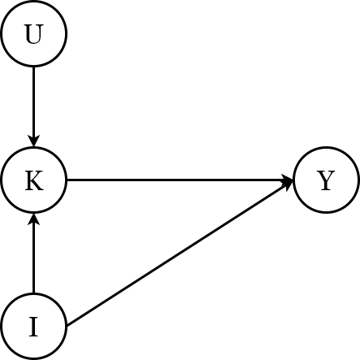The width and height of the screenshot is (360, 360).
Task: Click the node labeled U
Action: tap(33, 34)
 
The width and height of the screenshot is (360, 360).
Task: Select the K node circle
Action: tap(33, 180)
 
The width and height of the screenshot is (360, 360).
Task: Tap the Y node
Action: tap(326, 180)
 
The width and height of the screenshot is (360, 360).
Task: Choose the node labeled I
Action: tap(33, 327)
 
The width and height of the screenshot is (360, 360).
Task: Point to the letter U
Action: tap(33, 35)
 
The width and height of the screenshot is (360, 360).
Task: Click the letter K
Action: tap(33, 181)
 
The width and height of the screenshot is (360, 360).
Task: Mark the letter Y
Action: tap(326, 181)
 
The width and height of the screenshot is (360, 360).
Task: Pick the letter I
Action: tap(33, 327)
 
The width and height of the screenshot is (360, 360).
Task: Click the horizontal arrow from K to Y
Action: tap(179, 180)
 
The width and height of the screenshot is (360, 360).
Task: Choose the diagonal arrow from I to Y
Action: tap(179, 254)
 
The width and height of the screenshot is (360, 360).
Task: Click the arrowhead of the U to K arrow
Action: tap(33, 142)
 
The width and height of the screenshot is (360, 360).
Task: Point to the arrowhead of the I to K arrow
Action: tap(33, 219)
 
